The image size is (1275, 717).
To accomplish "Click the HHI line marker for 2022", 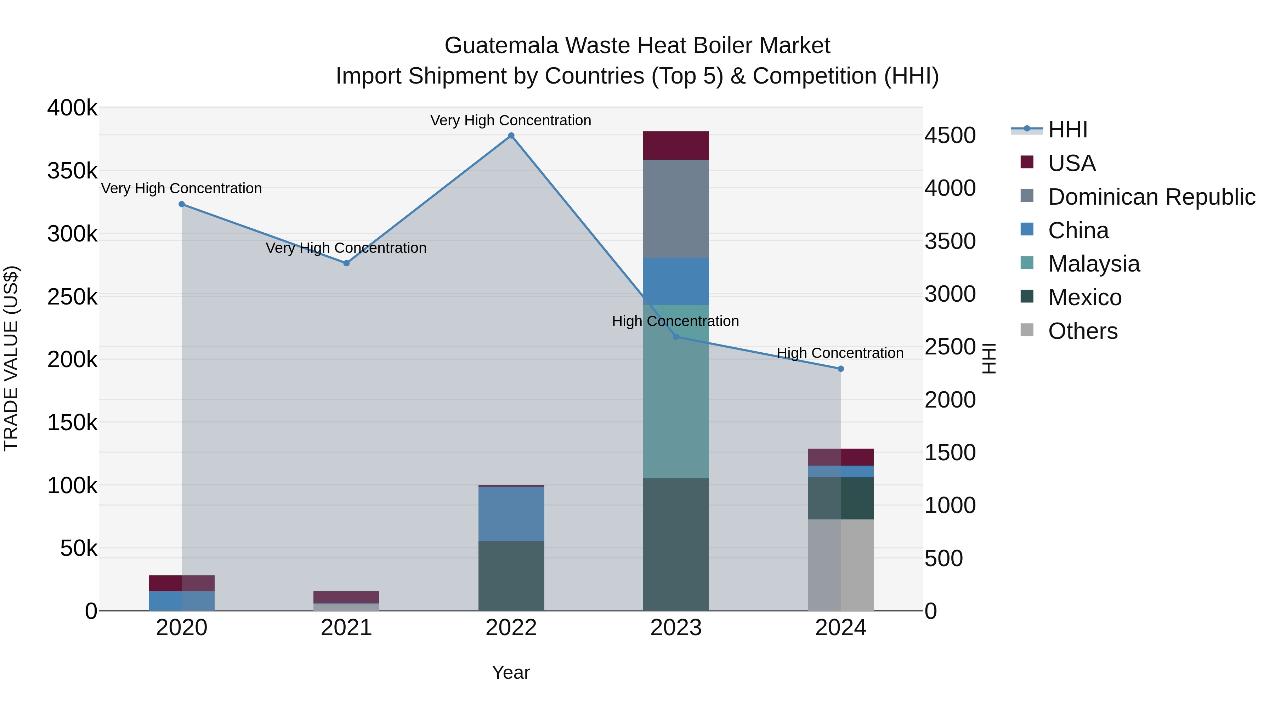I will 511,136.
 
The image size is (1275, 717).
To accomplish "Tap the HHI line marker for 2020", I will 182,204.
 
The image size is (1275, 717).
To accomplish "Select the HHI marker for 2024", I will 840,369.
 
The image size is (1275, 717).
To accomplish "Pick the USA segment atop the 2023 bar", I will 676,146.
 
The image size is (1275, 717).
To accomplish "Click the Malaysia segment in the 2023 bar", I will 676,391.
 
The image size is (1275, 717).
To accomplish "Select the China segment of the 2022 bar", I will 511,514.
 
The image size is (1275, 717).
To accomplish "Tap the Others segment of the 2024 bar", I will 840,565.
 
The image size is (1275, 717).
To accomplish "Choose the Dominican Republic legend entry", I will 1151,197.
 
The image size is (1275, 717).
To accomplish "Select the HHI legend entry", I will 1067,130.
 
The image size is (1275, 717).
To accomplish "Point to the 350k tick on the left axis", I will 72,171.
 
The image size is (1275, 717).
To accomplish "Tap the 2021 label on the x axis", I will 346,627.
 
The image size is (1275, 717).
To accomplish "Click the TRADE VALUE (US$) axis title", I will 11,358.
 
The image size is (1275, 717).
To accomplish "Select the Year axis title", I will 511,672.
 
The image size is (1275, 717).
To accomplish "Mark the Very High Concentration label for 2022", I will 510,120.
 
